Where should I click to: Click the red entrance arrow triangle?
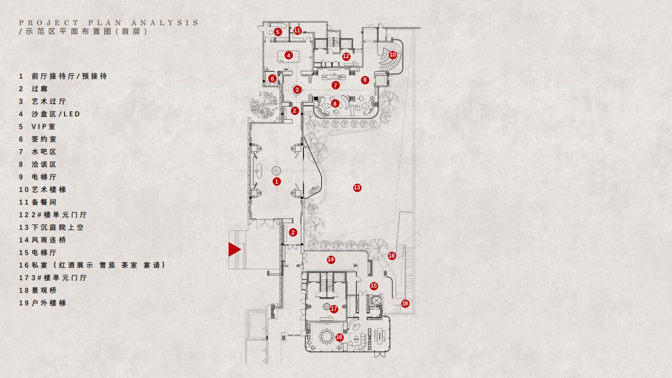click(234, 249)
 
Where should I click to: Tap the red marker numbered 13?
click(357, 188)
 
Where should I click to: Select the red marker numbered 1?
click(277, 181)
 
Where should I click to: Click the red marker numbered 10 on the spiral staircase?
click(392, 55)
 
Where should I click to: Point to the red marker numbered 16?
click(339, 337)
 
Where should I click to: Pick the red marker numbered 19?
click(405, 303)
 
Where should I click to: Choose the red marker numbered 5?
click(278, 31)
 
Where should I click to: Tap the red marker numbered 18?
click(392, 256)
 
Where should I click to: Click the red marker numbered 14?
click(331, 259)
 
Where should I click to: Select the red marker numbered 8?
click(335, 103)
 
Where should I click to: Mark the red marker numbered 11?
click(297, 30)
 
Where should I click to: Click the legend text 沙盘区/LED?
click(56, 114)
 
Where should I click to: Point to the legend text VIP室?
click(44, 127)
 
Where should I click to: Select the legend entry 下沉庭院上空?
click(58, 227)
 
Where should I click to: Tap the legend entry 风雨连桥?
click(49, 240)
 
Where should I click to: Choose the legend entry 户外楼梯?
click(49, 303)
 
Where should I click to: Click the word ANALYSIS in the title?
click(165, 23)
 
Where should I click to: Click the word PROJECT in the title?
click(49, 23)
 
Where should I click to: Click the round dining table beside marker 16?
click(327, 337)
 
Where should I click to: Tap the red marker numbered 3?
click(297, 89)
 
